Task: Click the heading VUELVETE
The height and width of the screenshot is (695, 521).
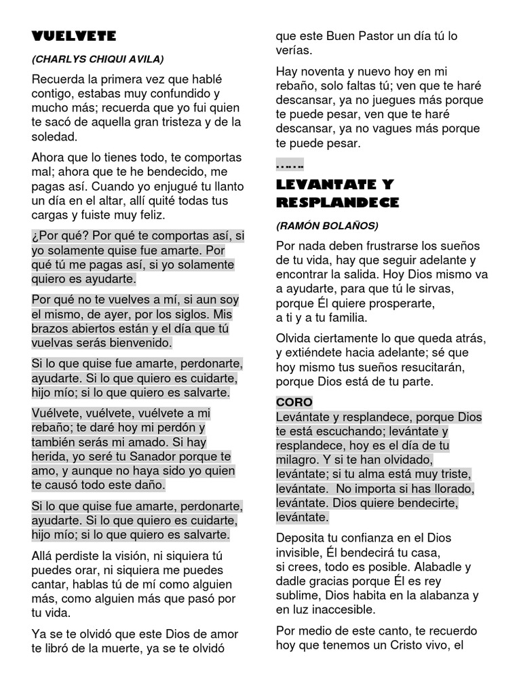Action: (74, 36)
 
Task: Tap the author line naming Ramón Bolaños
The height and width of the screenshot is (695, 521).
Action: (327, 225)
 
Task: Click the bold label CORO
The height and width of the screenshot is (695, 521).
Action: (294, 402)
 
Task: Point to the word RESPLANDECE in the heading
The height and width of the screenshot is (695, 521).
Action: (338, 202)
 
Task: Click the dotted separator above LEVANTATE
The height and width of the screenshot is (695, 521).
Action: (290, 166)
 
